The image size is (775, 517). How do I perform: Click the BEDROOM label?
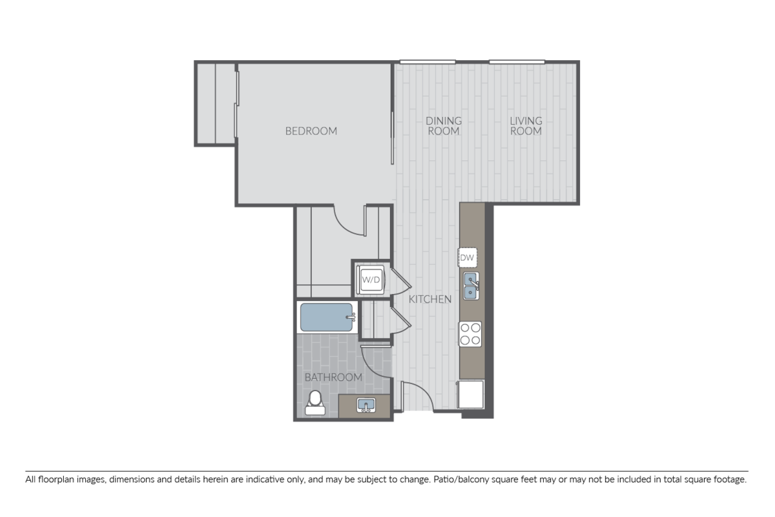click(x=311, y=131)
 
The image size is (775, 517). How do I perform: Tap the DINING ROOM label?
click(x=444, y=126)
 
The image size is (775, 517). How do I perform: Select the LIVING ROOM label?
click(x=526, y=126)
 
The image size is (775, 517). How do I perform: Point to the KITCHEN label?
click(x=430, y=299)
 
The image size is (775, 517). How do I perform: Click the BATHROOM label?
click(x=333, y=377)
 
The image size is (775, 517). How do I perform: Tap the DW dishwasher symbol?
click(x=467, y=258)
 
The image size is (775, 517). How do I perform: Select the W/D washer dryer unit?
click(x=371, y=280)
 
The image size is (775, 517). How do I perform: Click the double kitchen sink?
click(x=471, y=286)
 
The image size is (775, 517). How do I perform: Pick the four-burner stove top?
click(x=470, y=334)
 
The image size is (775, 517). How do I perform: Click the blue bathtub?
click(x=327, y=317)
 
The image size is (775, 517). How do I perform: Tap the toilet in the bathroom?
click(x=315, y=403)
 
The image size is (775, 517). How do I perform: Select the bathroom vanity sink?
click(x=366, y=405)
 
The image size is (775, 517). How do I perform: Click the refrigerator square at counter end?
click(x=471, y=394)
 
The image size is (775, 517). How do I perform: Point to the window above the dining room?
click(x=428, y=62)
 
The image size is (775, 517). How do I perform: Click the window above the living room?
click(x=517, y=62)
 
